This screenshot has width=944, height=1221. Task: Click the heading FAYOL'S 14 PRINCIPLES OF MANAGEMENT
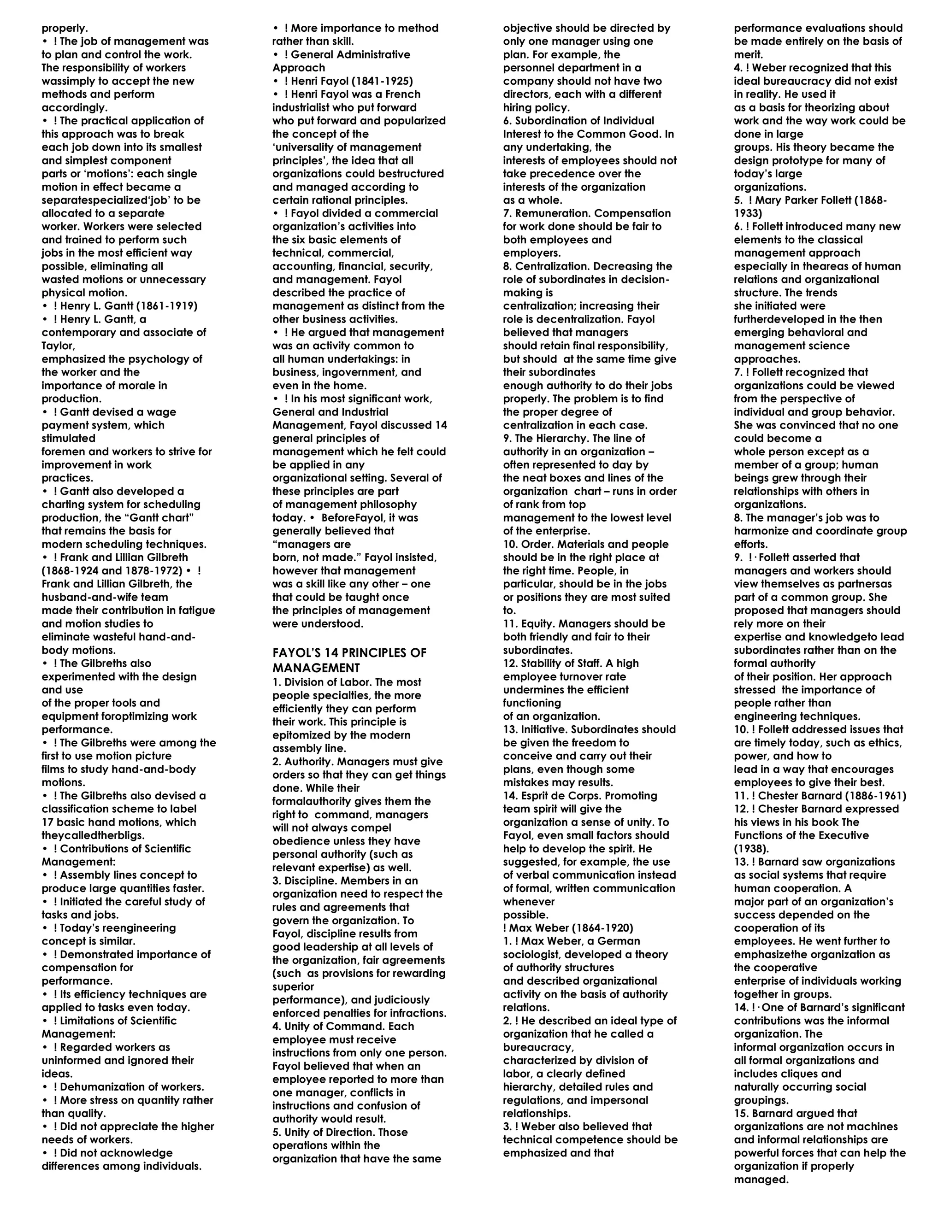point(349,660)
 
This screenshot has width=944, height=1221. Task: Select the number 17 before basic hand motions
point(47,822)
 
